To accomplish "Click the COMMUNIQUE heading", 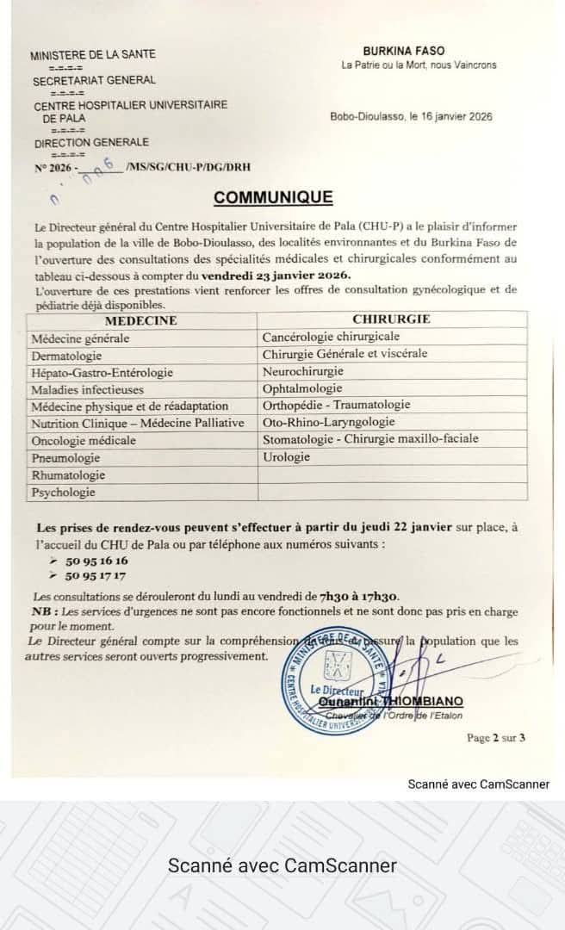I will coord(273,197).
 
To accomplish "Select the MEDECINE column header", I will coord(140,321).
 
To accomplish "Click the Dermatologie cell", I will coord(67,356).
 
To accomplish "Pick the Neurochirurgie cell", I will coord(302,371).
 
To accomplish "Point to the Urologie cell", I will coord(286,457).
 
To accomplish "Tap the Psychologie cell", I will coord(63,493).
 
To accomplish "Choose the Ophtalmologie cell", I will coord(302,388).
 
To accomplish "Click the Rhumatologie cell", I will coord(68,475).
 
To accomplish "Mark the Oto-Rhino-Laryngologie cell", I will coord(328,422).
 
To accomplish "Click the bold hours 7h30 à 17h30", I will coord(358,597).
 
